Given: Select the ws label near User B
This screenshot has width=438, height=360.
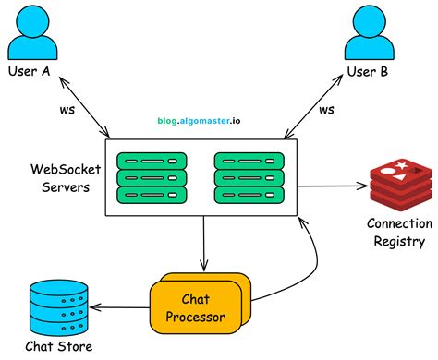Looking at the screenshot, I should [326, 110].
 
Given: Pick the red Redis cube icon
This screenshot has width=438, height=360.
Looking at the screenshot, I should [400, 184].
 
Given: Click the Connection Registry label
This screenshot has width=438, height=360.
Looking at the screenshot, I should [399, 232].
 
